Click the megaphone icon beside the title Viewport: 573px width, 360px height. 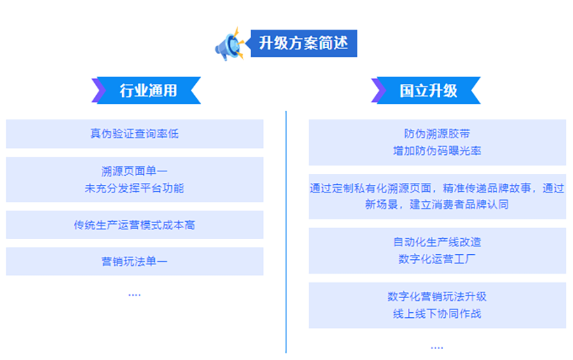tap(229, 45)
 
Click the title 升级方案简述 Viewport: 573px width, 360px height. tap(303, 43)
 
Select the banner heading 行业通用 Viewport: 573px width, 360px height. tap(148, 90)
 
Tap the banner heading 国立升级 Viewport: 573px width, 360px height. tap(428, 90)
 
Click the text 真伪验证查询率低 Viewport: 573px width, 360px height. tap(134, 134)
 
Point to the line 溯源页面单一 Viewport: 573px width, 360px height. tap(134, 171)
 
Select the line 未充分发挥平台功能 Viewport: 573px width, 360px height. tap(134, 188)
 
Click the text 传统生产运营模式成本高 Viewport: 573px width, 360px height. tap(134, 225)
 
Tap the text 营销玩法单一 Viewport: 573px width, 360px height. tap(134, 261)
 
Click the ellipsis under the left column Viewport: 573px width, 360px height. tap(134, 295)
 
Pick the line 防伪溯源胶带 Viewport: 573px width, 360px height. tap(437, 134)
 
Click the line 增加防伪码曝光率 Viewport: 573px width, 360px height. tap(437, 150)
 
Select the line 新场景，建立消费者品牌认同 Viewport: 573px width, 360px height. tap(437, 204)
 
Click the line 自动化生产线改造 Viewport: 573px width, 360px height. tap(437, 242)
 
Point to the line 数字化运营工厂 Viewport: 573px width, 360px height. tap(437, 259)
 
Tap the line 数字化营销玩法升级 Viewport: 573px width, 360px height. tap(437, 296)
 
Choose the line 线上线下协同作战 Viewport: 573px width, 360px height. tap(437, 313)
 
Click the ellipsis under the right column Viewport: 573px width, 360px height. tap(437, 347)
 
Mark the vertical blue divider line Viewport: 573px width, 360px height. tap(286, 232)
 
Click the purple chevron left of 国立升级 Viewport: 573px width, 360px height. tap(379, 90)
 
